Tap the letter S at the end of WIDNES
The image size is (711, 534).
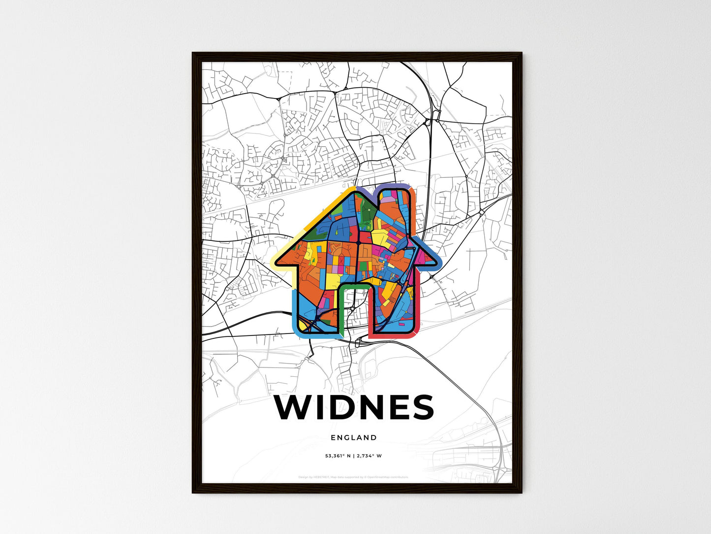coord(421,407)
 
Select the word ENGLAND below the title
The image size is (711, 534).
coord(354,437)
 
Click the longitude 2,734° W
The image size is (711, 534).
coord(369,456)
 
